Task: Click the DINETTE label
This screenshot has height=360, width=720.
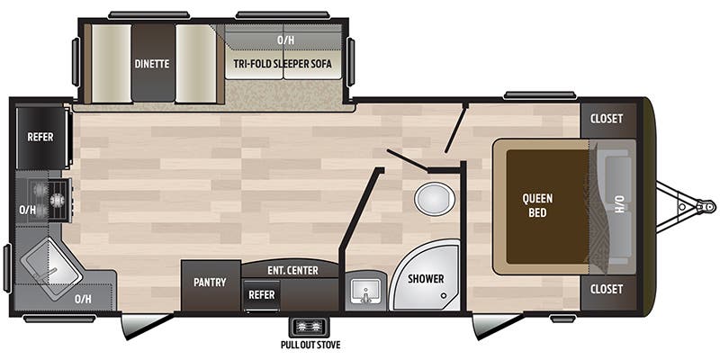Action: coord(152,64)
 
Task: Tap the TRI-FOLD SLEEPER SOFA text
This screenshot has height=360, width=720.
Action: coord(283,64)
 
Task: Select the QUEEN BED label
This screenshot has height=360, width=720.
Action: coord(540,205)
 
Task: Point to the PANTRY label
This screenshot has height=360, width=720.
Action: coord(211,282)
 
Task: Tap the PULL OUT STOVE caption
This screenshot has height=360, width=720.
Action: coord(310,345)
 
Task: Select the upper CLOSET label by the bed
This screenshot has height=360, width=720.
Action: coord(607,119)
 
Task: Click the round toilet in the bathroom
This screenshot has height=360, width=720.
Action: coord(435,199)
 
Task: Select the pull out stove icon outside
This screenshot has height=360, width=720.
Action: coord(310,327)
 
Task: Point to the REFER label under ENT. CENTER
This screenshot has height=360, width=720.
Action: coord(263,293)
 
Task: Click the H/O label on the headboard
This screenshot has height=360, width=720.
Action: coord(619,205)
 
